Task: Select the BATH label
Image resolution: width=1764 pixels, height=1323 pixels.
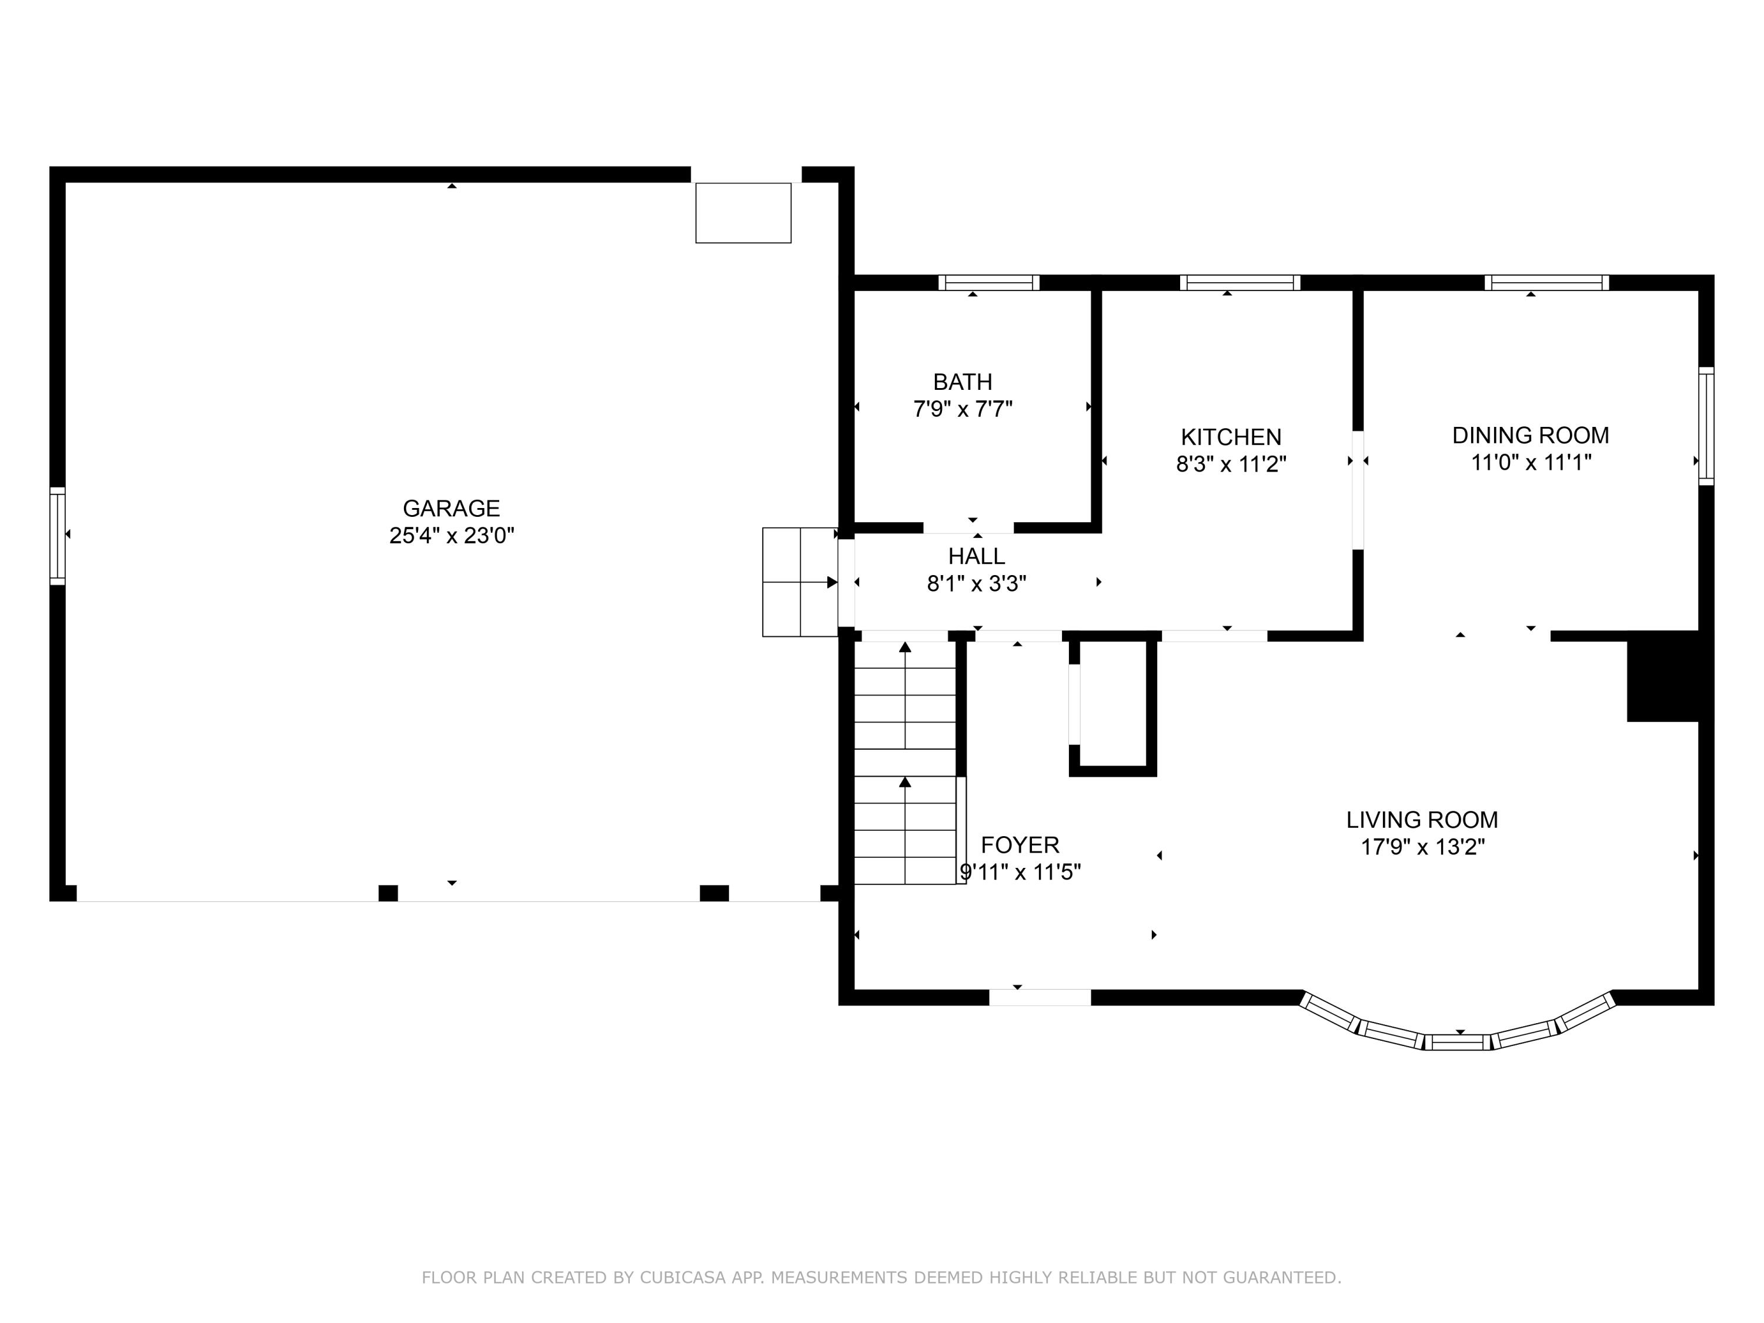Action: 963,382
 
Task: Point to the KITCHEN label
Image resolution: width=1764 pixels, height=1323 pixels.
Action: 1231,437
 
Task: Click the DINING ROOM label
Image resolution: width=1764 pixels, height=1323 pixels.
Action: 1529,436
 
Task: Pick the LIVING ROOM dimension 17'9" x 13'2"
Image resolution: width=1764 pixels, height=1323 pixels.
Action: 1422,847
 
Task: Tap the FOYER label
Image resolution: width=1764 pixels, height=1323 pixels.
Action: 1019,844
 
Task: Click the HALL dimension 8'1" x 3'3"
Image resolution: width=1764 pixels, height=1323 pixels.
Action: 975,584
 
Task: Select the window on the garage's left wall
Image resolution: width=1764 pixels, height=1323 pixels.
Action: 58,536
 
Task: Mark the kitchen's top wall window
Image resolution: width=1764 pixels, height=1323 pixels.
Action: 1240,282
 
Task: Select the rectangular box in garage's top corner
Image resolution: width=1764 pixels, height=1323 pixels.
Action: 743,213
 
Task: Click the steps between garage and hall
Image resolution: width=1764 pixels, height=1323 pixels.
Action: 799,582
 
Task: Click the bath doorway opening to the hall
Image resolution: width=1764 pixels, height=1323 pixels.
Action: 968,528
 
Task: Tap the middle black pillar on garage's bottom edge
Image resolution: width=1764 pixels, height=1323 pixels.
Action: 387,893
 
